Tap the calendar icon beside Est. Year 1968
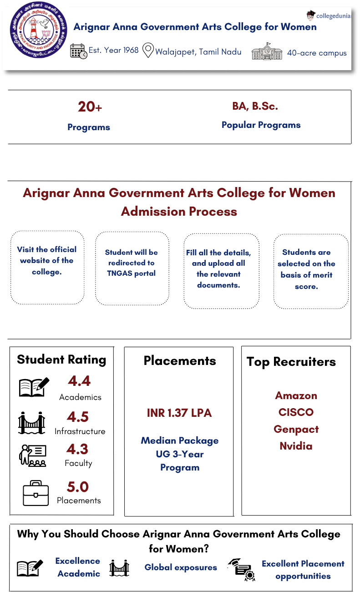[x=78, y=51]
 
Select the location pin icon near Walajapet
[x=148, y=51]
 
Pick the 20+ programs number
[x=90, y=107]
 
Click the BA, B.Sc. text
[x=255, y=106]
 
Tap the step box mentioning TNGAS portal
[x=132, y=268]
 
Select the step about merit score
[x=311, y=271]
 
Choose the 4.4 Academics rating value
[x=79, y=380]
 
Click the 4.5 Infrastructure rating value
[x=77, y=417]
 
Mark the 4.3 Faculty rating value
[x=77, y=449]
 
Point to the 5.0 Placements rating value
[x=78, y=487]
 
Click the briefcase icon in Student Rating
[x=35, y=493]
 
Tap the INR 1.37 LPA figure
[x=179, y=413]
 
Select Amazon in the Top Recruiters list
[x=296, y=395]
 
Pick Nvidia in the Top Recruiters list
[x=296, y=446]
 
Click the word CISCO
[x=296, y=412]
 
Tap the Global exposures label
[x=181, y=567]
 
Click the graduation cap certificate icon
[x=242, y=570]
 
